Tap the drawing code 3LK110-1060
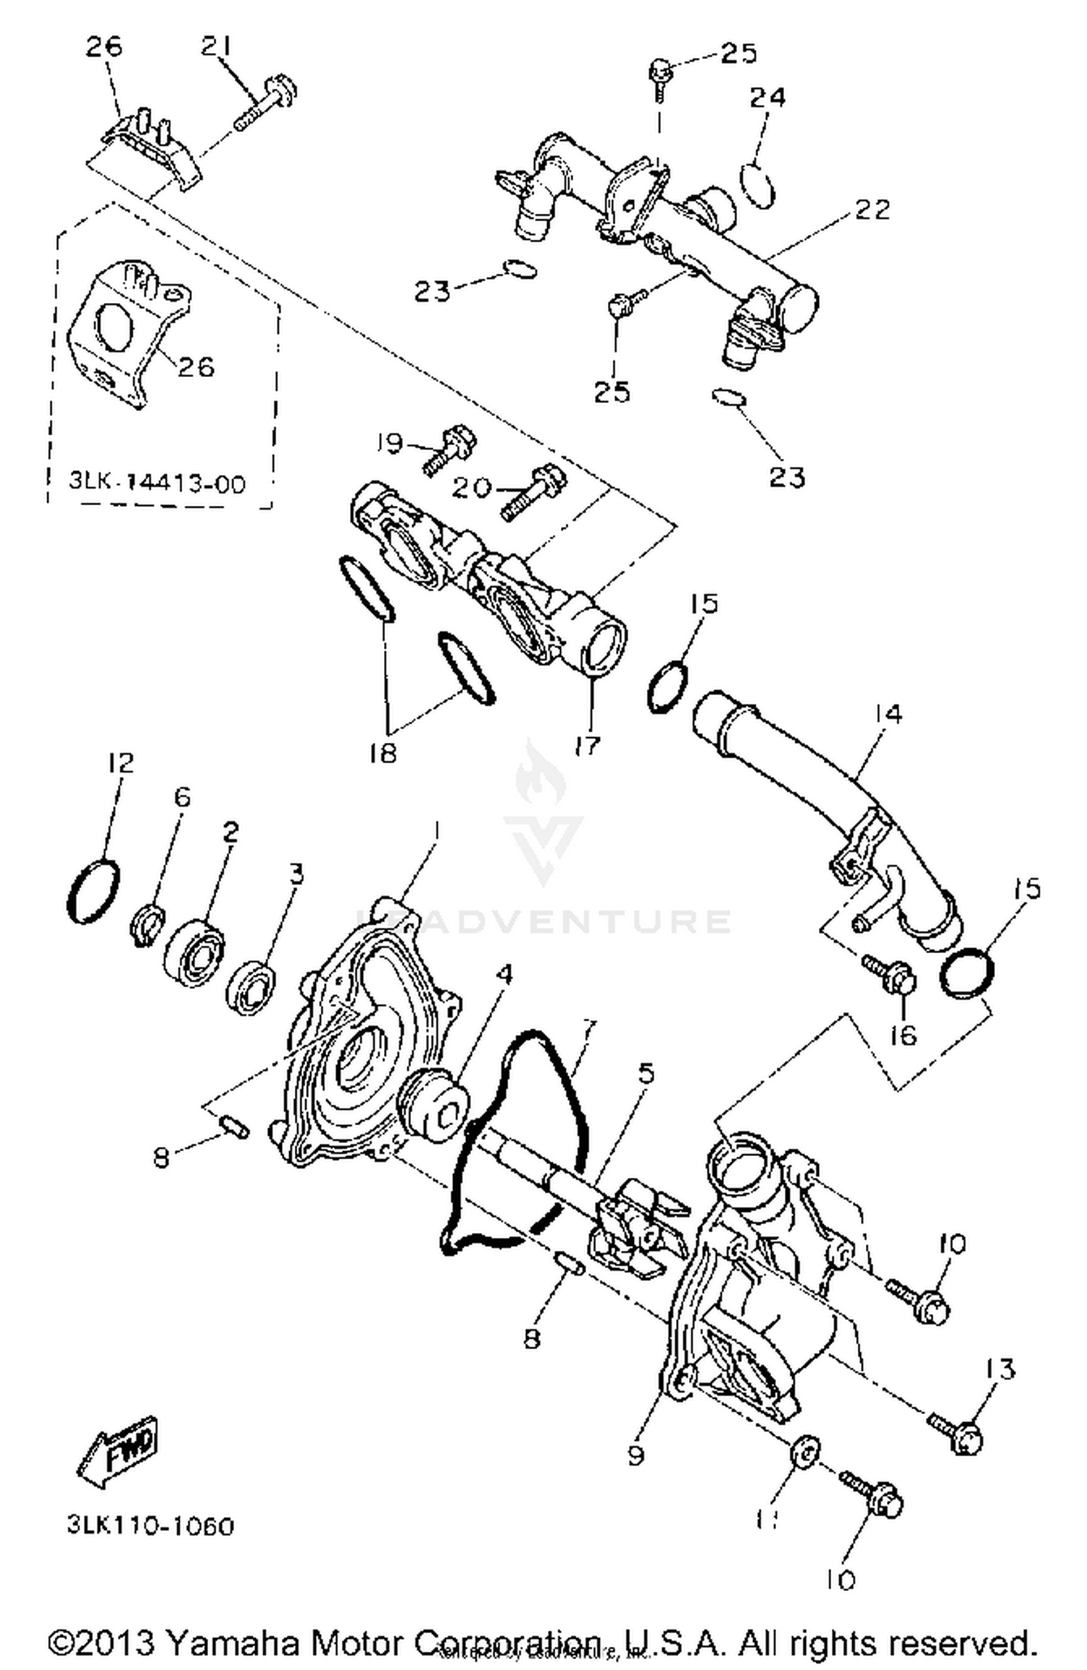[151, 1526]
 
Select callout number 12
[121, 763]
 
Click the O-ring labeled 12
[93, 891]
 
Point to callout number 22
[872, 209]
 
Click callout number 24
[767, 96]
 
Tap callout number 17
[587, 745]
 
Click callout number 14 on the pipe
[888, 714]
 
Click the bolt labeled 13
[958, 1434]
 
